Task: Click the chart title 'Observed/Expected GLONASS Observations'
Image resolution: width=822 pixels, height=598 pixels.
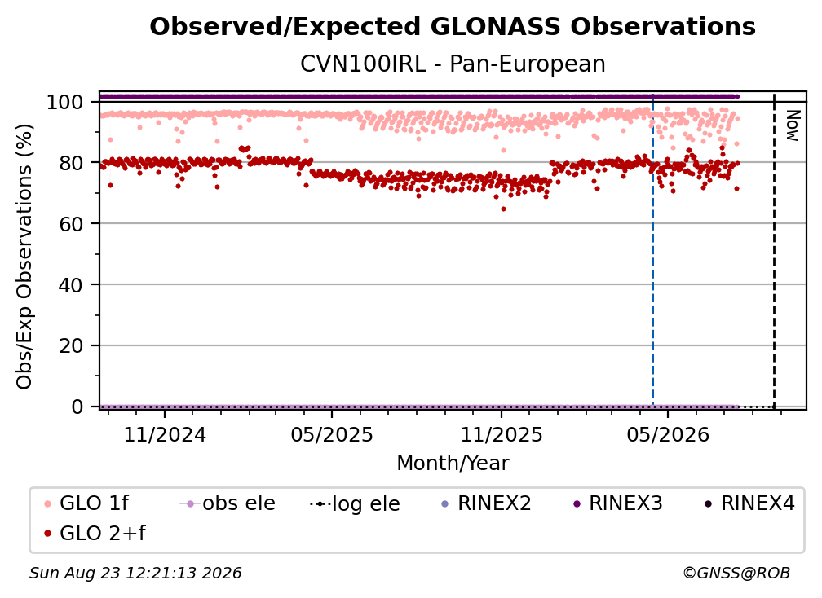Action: (453, 27)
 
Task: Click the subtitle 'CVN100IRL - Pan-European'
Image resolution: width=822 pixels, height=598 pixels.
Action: (453, 64)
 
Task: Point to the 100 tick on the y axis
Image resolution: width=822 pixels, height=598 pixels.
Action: (65, 102)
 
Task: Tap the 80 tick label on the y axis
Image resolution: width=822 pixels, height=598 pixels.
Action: (71, 163)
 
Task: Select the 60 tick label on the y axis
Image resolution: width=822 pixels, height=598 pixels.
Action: (71, 223)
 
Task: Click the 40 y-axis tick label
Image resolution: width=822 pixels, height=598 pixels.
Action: (71, 285)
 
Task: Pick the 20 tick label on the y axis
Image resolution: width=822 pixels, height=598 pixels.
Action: (71, 345)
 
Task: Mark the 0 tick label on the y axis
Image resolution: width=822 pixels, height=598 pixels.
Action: (77, 407)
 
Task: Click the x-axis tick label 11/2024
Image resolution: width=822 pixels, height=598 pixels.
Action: (165, 434)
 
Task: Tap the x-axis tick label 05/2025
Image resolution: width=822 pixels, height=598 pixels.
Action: (332, 434)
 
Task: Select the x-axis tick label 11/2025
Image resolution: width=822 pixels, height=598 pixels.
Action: (502, 434)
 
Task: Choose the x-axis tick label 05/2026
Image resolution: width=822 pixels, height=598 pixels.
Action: (668, 434)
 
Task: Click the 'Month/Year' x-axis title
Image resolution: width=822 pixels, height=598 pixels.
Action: (453, 463)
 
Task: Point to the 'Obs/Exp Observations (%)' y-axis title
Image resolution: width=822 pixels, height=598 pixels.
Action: (24, 256)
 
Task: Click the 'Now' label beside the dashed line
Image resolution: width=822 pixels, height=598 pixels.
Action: (792, 125)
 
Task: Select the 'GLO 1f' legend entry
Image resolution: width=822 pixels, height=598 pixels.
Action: (86, 503)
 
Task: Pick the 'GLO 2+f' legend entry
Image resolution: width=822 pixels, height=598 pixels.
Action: (95, 534)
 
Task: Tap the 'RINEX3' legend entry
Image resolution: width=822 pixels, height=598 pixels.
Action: (618, 503)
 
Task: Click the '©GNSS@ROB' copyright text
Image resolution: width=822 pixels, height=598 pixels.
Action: (736, 573)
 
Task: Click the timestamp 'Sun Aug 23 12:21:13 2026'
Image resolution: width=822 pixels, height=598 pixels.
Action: (135, 573)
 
